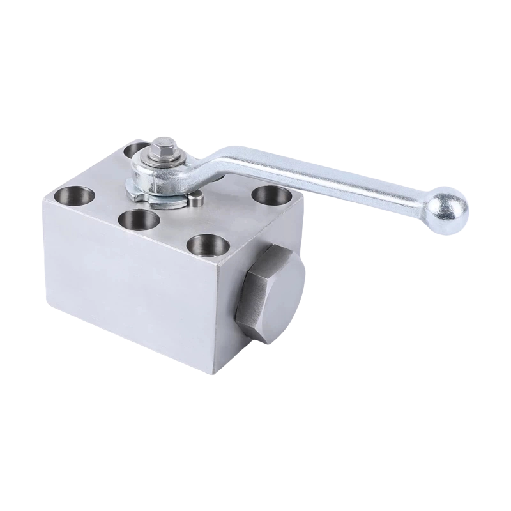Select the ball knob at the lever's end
point(446,208)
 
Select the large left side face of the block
point(128,307)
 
